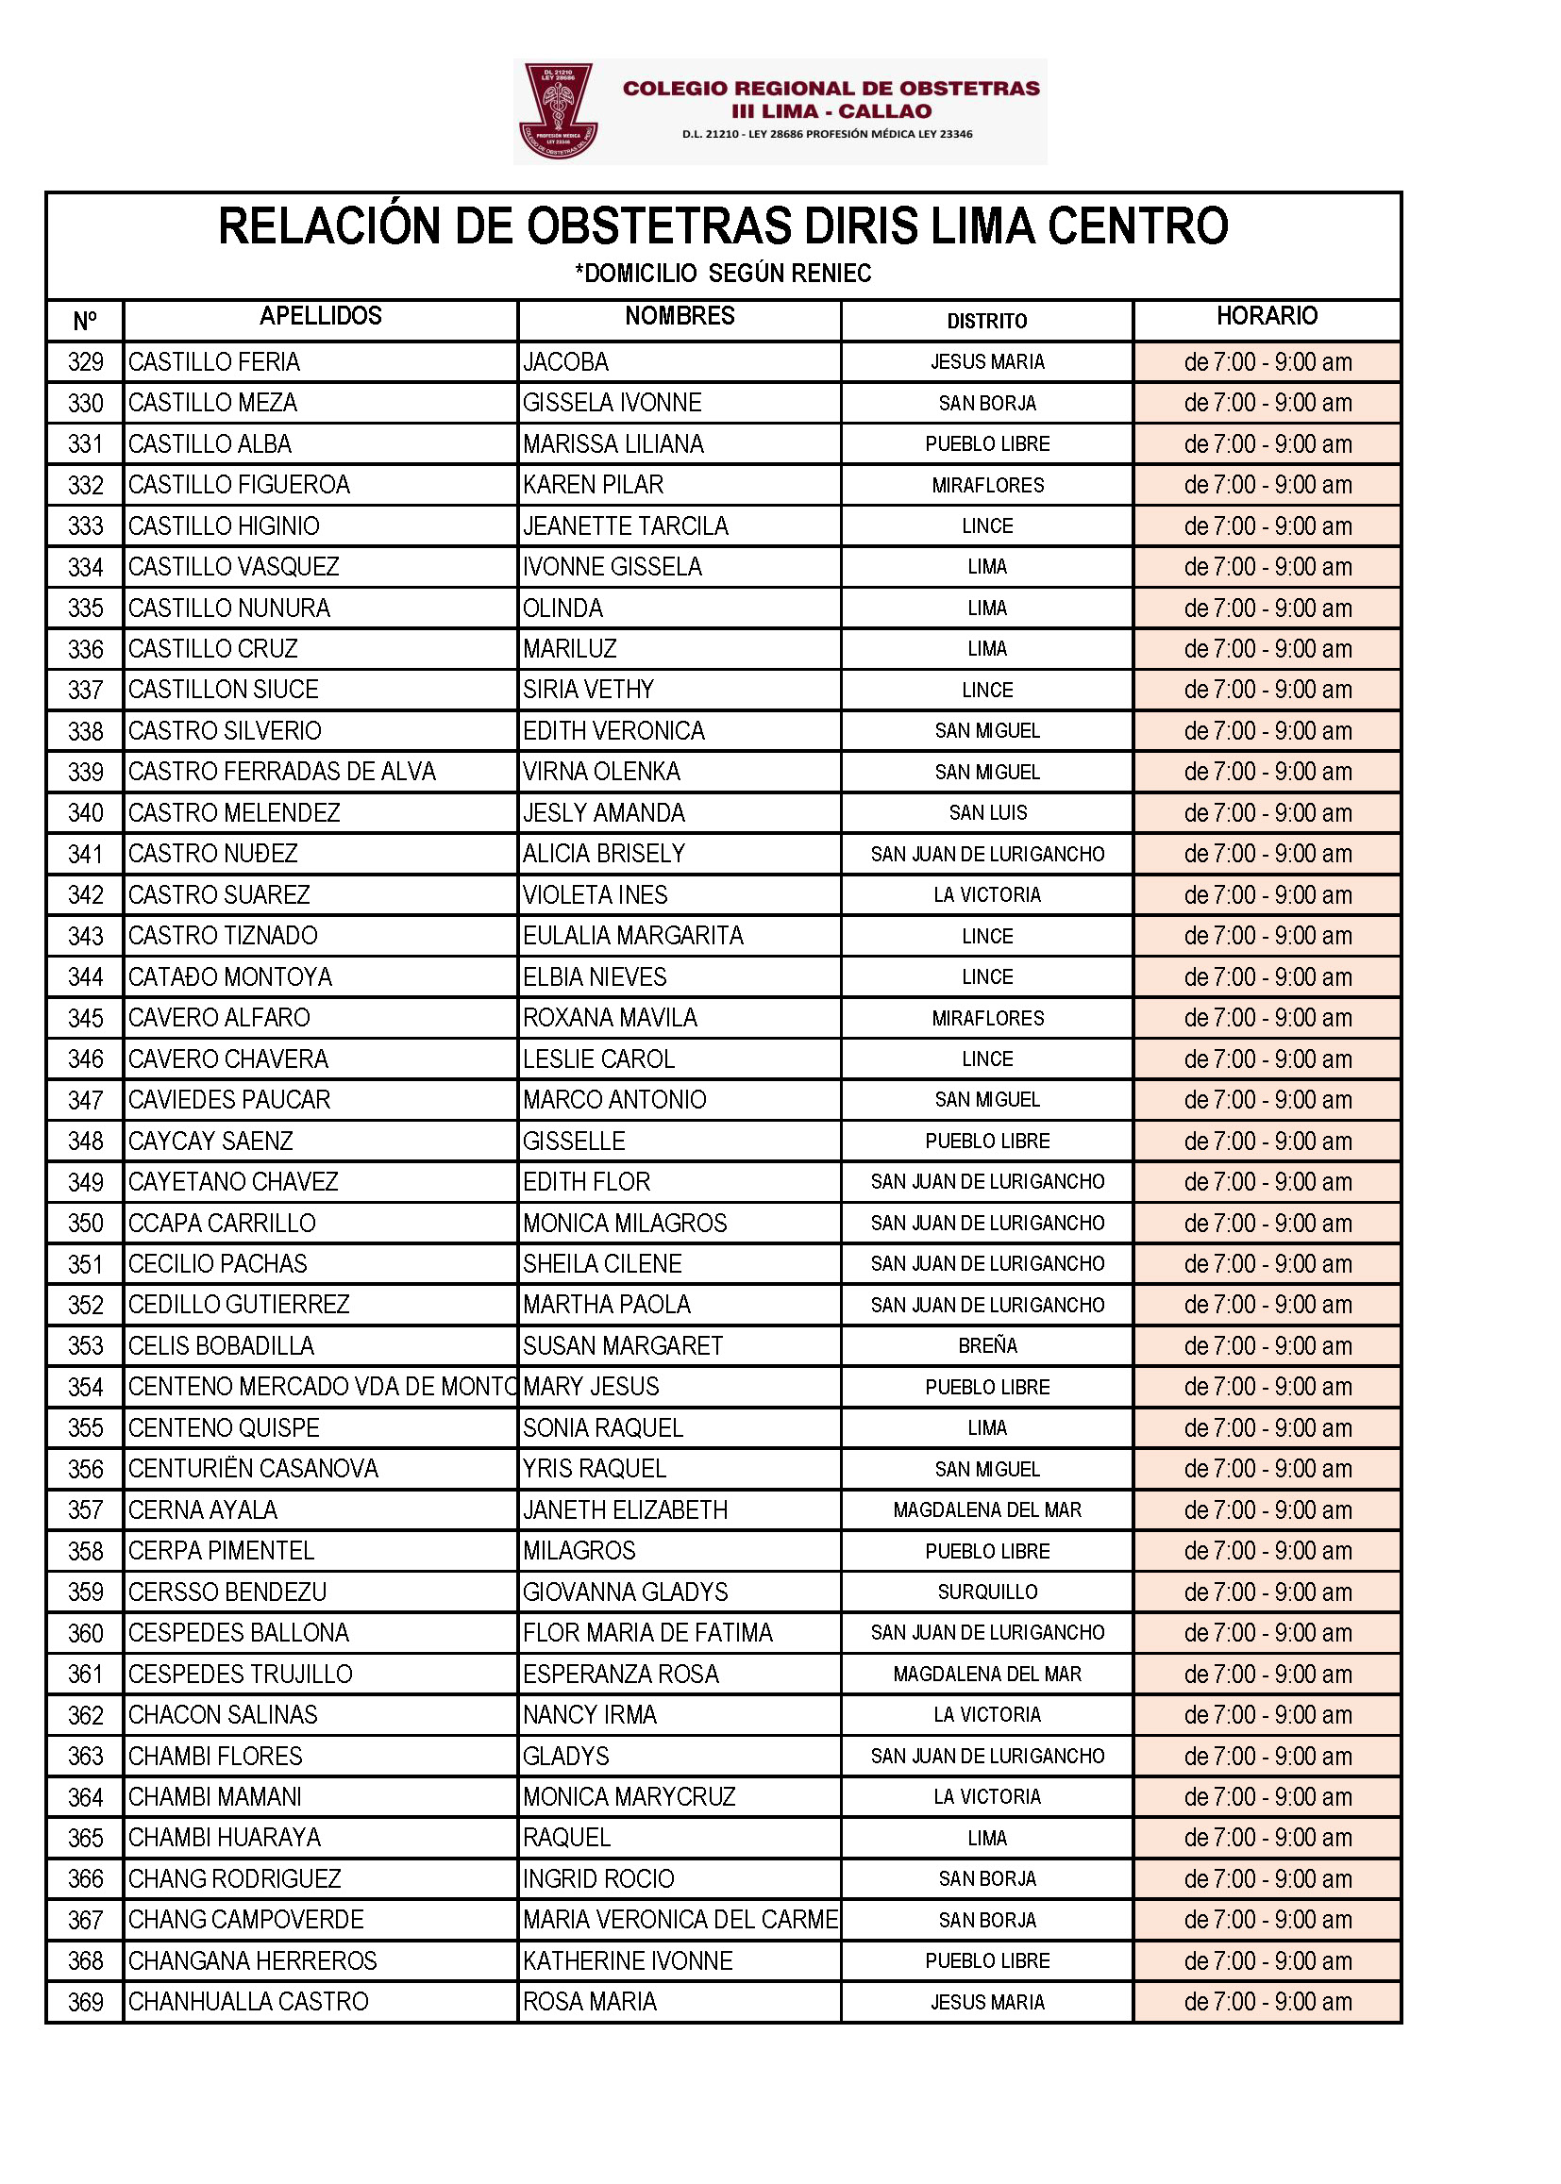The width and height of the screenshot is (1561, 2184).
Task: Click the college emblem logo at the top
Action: tap(559, 110)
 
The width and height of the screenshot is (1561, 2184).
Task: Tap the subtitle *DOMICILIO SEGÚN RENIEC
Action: tap(723, 274)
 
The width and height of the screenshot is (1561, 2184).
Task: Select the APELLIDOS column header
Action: tap(320, 316)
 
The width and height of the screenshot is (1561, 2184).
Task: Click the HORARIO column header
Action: tap(1266, 316)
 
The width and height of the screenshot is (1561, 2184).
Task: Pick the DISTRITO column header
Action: tap(986, 321)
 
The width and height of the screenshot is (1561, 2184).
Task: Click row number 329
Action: tap(86, 362)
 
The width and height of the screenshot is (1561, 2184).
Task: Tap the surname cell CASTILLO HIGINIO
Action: tap(224, 526)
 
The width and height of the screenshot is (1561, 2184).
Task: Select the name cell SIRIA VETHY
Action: tap(588, 690)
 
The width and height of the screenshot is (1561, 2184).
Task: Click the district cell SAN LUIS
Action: tap(987, 813)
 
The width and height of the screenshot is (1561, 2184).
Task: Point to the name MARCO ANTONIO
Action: tap(614, 1100)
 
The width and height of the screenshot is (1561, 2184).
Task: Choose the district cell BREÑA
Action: tap(987, 1346)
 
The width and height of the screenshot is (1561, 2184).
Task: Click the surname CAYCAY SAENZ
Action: tap(210, 1142)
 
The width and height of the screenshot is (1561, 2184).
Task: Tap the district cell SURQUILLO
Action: tap(987, 1592)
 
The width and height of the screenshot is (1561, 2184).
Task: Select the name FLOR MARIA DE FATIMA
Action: tap(646, 1633)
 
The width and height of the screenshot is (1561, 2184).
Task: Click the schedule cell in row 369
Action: tap(1267, 2003)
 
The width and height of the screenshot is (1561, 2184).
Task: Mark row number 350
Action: tap(86, 1224)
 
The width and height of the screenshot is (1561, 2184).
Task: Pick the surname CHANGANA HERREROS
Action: tap(253, 1961)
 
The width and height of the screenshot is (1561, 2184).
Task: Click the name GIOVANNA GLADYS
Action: tap(625, 1592)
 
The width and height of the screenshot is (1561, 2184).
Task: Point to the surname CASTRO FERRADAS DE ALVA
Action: tap(281, 772)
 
